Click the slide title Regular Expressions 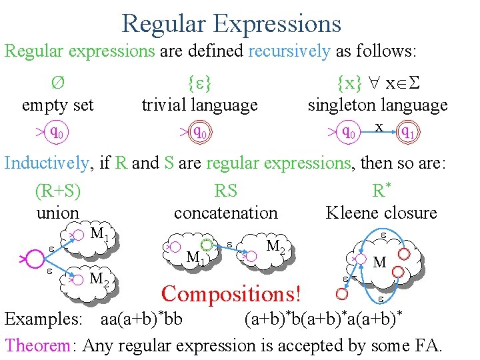(x=231, y=23)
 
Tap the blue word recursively (x=289, y=51)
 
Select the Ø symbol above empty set (x=57, y=85)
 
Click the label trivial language (x=199, y=105)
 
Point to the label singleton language (x=377, y=105)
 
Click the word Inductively (x=46, y=163)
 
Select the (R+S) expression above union (x=58, y=191)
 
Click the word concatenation (x=225, y=213)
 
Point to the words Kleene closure (x=381, y=213)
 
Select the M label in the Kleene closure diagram (x=380, y=262)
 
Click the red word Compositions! (x=231, y=293)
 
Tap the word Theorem (x=37, y=345)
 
